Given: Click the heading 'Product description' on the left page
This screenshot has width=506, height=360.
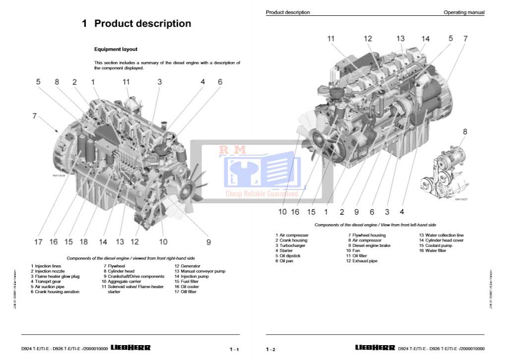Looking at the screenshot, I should [136, 23].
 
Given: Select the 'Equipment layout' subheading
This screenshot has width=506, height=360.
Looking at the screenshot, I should [116, 50].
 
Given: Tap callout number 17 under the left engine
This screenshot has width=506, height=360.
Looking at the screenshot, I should [38, 242].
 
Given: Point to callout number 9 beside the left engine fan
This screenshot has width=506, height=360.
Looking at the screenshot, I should [209, 242].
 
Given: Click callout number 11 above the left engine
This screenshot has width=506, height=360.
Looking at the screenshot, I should [126, 82].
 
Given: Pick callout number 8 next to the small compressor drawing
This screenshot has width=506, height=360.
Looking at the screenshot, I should [465, 131].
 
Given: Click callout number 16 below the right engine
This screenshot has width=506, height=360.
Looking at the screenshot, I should [295, 212].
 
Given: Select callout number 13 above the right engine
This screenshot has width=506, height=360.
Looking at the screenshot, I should [400, 38].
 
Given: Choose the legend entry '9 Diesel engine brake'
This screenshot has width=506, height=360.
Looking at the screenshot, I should [369, 245].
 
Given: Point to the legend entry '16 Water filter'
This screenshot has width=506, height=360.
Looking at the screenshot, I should [432, 251].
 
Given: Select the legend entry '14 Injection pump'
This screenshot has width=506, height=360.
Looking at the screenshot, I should [191, 277].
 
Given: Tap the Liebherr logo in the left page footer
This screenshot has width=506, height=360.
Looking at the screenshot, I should [130, 348].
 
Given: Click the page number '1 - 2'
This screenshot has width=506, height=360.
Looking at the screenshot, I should [271, 350].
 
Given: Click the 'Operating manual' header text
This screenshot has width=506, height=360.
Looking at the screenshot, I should [464, 12].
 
